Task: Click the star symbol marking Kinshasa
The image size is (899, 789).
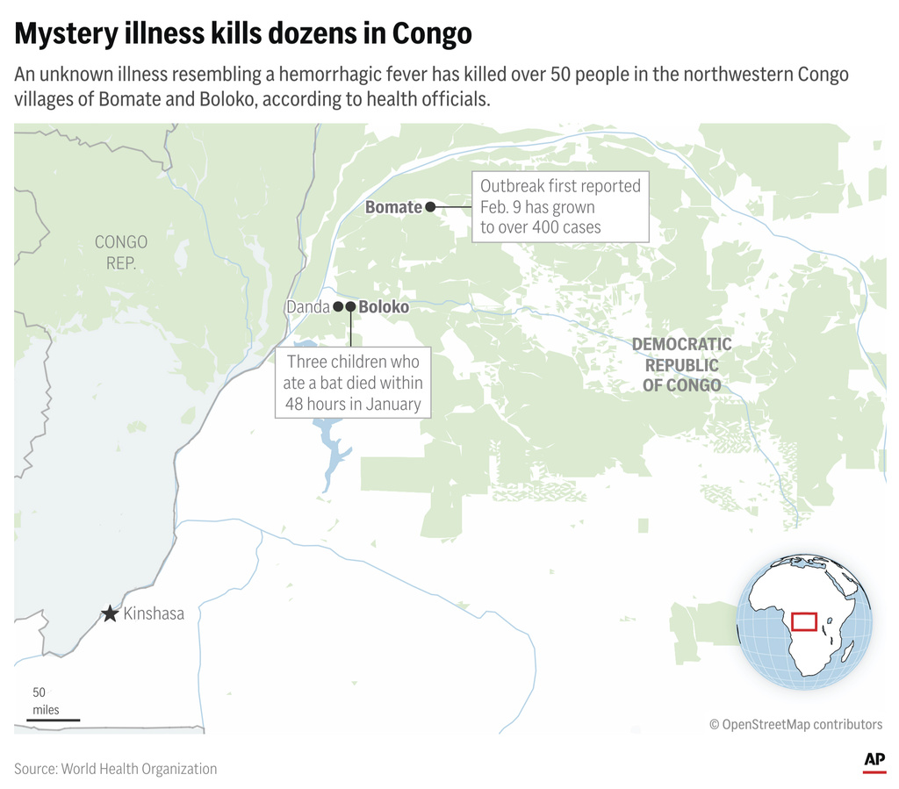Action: coord(110,613)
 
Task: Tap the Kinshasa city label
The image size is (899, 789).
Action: coord(154,613)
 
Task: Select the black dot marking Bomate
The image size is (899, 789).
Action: coord(431,207)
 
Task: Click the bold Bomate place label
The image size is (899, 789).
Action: coord(393,207)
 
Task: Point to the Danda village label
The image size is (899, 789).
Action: coord(306,307)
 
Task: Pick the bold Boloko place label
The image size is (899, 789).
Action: coord(384,307)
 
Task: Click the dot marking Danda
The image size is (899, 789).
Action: coord(337,306)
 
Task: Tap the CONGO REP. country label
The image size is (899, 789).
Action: coord(121,252)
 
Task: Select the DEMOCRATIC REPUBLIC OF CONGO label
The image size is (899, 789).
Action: coord(681,364)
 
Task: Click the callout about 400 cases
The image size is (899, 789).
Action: coord(560,207)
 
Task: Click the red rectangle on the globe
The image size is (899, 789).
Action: coord(804,621)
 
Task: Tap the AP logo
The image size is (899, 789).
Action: coord(874,760)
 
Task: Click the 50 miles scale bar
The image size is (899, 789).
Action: coord(53,720)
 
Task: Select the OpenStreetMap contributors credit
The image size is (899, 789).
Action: coord(795,724)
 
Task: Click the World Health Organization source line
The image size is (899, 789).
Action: coord(115,769)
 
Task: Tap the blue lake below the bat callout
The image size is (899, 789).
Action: coord(333,457)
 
